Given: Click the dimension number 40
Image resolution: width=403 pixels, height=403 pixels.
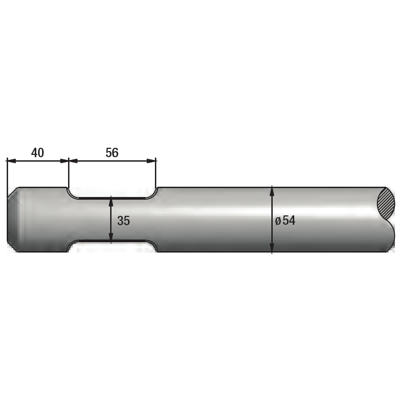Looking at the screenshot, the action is pyautogui.click(x=38, y=153).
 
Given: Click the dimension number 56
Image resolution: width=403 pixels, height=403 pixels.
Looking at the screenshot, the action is pyautogui.click(x=112, y=153).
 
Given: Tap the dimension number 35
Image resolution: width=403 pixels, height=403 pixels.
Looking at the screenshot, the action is pyautogui.click(x=124, y=221).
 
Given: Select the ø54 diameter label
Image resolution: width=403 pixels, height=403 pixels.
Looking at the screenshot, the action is pyautogui.click(x=285, y=220).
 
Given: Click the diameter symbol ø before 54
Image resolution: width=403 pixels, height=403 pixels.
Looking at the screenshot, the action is pyautogui.click(x=278, y=221).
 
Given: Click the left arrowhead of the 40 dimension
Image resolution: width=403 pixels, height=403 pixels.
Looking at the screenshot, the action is pyautogui.click(x=11, y=161).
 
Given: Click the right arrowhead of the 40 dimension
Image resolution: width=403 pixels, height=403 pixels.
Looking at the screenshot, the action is pyautogui.click(x=64, y=161).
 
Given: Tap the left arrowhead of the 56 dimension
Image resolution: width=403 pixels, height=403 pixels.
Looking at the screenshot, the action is pyautogui.click(x=73, y=161).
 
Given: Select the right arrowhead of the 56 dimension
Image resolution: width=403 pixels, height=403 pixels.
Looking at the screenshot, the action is pyautogui.click(x=152, y=161).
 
